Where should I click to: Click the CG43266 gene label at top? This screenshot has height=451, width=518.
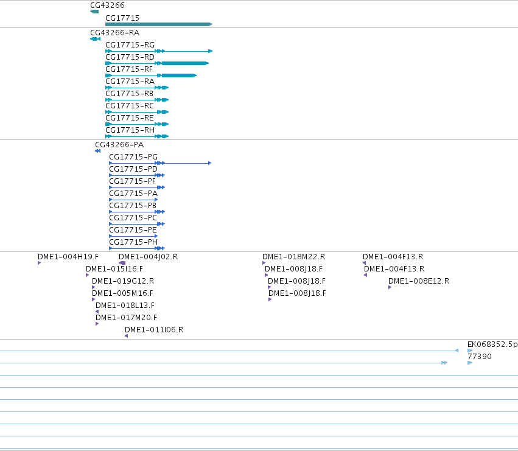[x=107, y=5]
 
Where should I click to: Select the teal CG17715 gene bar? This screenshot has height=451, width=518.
[x=159, y=24]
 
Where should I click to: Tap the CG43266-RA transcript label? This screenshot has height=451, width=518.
[x=115, y=33]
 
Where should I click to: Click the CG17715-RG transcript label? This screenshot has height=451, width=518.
[x=130, y=45]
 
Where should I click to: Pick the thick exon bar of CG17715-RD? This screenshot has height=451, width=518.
[x=185, y=63]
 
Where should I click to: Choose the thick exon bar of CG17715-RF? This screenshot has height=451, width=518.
[x=179, y=75]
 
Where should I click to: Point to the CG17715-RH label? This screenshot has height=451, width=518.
[x=130, y=130]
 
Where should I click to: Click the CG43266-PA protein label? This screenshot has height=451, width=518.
[x=119, y=145]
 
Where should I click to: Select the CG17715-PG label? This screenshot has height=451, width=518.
[x=133, y=157]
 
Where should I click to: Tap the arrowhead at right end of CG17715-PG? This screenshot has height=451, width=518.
[x=210, y=163]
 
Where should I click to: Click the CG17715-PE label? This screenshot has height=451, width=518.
[x=133, y=230]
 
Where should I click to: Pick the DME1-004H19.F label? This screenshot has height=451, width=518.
[x=68, y=257]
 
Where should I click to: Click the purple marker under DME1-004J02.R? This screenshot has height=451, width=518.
[x=122, y=263]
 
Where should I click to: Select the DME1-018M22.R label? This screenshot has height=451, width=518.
[x=293, y=257]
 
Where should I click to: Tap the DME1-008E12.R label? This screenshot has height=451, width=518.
[x=419, y=281]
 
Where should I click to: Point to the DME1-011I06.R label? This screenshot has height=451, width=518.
[x=154, y=330]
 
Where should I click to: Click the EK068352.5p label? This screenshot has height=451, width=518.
[x=492, y=344]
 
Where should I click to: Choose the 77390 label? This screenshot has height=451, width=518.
[x=480, y=357]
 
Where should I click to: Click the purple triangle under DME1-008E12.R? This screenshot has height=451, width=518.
[x=390, y=287]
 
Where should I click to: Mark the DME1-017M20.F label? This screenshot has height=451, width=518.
[x=126, y=318]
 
